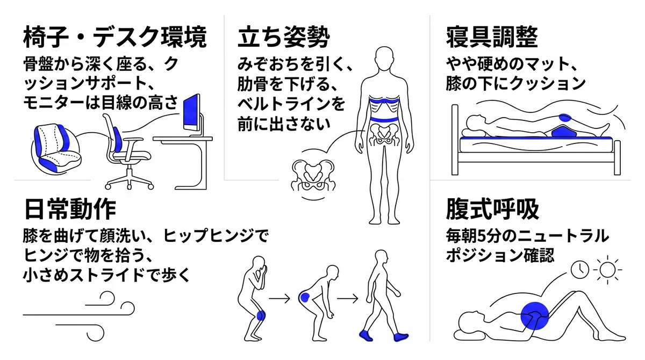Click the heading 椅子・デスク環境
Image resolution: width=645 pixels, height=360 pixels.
click(x=115, y=37)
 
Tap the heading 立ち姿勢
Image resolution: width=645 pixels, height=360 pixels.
click(x=284, y=37)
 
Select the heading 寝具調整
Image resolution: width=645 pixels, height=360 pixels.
click(x=492, y=37)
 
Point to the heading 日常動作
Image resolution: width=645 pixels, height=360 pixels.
click(x=70, y=209)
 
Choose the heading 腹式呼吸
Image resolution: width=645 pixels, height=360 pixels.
click(x=492, y=209)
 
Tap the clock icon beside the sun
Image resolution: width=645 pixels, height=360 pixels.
click(x=579, y=269)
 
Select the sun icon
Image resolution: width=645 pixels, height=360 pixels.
click(x=607, y=270)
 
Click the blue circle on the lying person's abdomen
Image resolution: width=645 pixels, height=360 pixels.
click(x=535, y=316)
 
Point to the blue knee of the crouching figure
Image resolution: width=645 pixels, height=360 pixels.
click(x=261, y=315)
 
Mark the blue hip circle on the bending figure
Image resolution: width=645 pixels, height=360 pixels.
click(x=304, y=297)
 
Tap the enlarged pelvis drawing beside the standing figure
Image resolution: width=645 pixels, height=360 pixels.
click(x=313, y=176)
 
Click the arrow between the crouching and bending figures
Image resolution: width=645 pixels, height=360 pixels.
click(x=279, y=298)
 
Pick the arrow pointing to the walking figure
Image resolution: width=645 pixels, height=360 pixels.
click(x=348, y=298)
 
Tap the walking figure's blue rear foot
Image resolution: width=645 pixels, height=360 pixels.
click(x=366, y=335)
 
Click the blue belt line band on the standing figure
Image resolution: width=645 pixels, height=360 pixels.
click(x=384, y=119)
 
